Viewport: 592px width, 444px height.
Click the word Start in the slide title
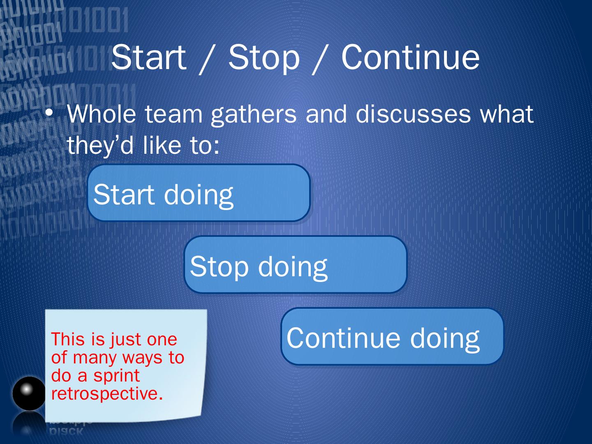(148, 57)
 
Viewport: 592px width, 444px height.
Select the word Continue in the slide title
(410, 57)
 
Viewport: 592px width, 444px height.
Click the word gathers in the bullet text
(254, 115)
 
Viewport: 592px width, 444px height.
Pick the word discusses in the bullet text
(413, 114)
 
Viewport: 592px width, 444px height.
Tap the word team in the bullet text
(173, 114)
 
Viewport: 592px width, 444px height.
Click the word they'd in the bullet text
(100, 145)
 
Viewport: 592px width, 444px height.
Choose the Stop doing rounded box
(296, 265)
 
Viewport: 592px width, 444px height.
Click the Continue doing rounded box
(392, 336)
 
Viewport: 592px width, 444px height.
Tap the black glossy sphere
(29, 393)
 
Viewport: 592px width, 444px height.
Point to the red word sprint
(116, 376)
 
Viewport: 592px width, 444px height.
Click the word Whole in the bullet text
(102, 113)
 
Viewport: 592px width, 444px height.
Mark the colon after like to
(217, 148)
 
